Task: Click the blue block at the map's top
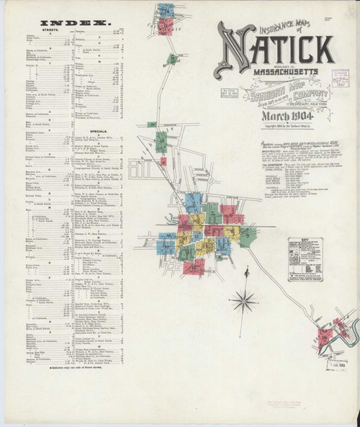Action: [x=166, y=10]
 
